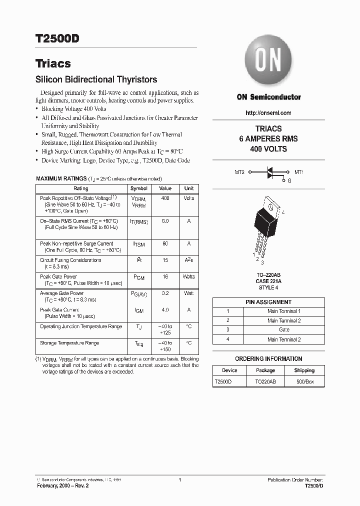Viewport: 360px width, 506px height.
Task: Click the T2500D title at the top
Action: coord(57,39)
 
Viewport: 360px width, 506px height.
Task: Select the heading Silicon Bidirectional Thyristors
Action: coord(96,79)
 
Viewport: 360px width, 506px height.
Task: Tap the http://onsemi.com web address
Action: coord(268,113)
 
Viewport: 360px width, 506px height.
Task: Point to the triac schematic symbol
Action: coord(270,172)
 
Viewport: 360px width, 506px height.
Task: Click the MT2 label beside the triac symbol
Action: coord(239,172)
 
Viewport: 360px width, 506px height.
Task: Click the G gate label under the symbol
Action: coord(289,180)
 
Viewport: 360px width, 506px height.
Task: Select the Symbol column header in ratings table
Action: coord(138,188)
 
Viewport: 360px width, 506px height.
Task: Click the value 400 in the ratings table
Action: coord(165,198)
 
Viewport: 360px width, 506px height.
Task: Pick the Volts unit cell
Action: coord(188,198)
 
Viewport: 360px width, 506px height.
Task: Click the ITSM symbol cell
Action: coord(138,244)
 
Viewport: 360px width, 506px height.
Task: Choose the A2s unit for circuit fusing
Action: coord(188,260)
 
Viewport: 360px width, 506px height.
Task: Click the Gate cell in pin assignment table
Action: coord(284,330)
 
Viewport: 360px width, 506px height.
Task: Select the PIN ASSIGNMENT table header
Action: coord(268,302)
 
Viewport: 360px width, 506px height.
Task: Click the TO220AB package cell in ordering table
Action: coord(265,381)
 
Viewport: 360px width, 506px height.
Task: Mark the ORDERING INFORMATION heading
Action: coord(268,359)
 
